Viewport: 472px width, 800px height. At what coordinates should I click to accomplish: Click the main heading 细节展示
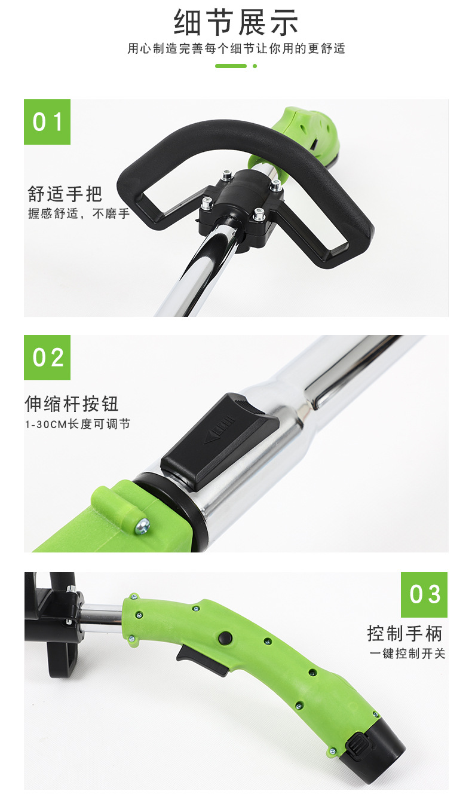click(x=236, y=22)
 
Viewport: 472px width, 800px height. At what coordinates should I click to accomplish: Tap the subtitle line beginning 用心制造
click(x=236, y=48)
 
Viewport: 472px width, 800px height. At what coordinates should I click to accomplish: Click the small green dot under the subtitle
click(x=255, y=66)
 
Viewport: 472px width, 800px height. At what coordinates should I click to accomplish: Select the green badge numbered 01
click(x=47, y=122)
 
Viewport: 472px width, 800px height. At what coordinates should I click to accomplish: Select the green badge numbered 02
click(x=47, y=358)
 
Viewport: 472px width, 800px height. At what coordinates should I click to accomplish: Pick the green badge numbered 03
click(x=424, y=595)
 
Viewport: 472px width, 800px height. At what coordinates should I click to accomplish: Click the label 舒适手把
click(x=65, y=194)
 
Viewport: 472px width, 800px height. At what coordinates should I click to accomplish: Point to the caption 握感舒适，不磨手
click(x=78, y=213)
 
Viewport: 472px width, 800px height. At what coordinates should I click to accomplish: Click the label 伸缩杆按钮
click(x=71, y=404)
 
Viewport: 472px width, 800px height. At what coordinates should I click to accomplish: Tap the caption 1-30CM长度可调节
click(x=78, y=425)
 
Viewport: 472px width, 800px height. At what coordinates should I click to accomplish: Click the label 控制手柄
click(x=405, y=633)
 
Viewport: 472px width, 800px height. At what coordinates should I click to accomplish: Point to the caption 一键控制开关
click(x=408, y=654)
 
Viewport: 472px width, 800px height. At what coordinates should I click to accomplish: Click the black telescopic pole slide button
click(x=220, y=441)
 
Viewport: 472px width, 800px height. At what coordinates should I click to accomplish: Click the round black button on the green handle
click(x=225, y=637)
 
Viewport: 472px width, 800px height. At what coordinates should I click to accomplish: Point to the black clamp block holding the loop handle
click(x=241, y=208)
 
